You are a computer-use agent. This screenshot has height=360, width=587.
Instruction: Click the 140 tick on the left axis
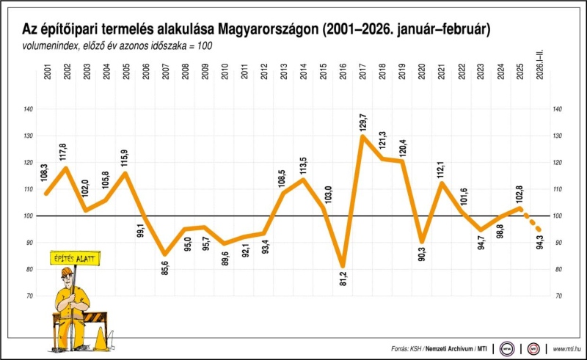(x=29, y=109)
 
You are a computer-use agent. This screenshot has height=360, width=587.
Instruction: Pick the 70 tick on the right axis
(x=558, y=295)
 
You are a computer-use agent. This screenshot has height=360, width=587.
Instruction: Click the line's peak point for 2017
(x=362, y=136)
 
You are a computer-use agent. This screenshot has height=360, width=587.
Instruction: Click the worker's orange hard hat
(x=66, y=273)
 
